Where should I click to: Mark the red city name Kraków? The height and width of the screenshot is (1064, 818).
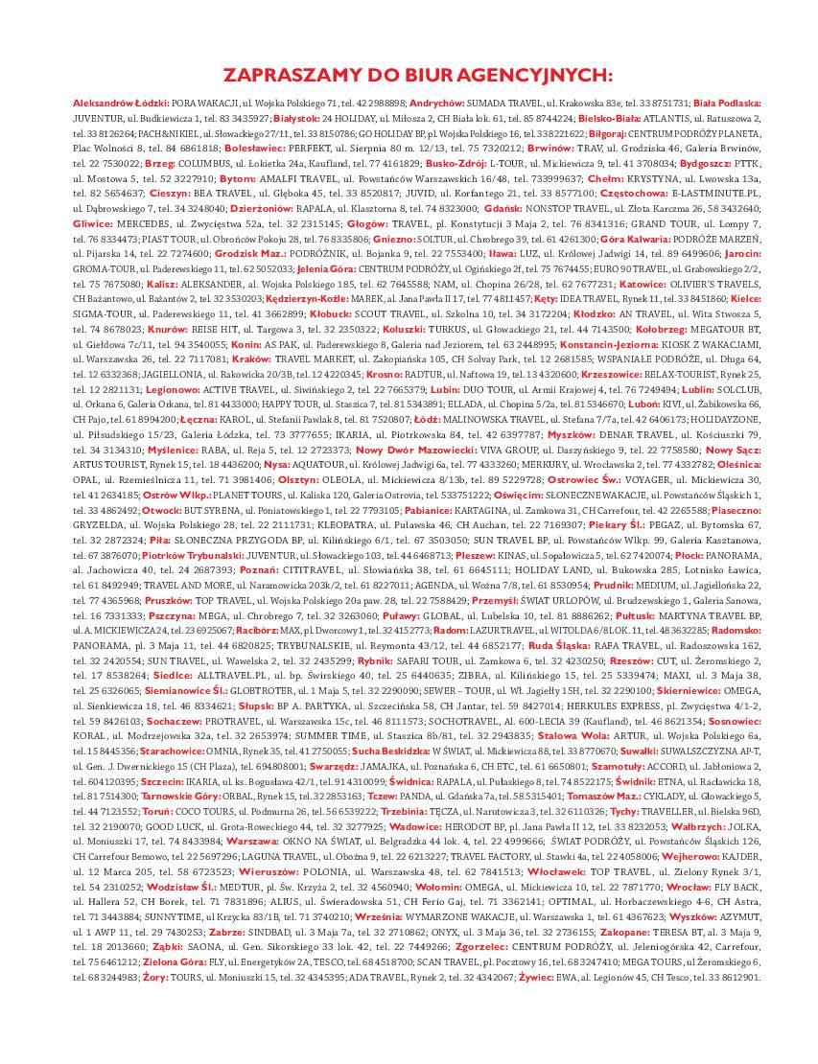click(x=252, y=359)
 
